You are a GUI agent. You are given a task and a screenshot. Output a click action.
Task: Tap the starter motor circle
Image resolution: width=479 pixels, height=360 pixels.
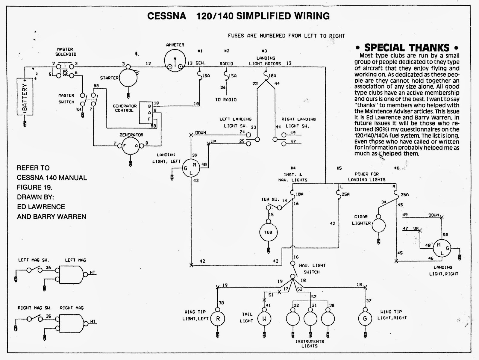[128, 78]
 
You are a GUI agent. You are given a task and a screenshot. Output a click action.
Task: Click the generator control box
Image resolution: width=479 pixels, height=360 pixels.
[146, 112]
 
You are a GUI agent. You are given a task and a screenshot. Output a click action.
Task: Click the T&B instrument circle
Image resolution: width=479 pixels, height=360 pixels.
[268, 232]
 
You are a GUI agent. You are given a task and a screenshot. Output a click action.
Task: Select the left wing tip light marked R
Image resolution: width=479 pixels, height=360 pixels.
[218, 319]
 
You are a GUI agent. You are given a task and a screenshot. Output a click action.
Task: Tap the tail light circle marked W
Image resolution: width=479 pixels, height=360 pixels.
[264, 319]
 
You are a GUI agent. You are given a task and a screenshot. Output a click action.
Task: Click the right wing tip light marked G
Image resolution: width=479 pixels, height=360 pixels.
[365, 319]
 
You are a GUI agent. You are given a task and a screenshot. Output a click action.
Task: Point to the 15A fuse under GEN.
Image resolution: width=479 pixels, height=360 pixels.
[200, 75]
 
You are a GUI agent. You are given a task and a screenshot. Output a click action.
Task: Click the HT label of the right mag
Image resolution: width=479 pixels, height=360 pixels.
[93, 321]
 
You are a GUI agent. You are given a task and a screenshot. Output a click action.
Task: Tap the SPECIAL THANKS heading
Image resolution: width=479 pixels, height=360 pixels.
[407, 47]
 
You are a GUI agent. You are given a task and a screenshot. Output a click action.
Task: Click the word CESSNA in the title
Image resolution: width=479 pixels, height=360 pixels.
[167, 16]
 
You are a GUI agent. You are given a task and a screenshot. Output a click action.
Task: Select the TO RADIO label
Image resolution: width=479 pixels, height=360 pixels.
[226, 100]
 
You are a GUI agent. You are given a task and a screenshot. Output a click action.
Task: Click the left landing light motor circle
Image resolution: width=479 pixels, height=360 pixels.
[191, 168]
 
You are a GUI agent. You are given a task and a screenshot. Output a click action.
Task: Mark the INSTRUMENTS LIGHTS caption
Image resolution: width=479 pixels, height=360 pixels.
[310, 344]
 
